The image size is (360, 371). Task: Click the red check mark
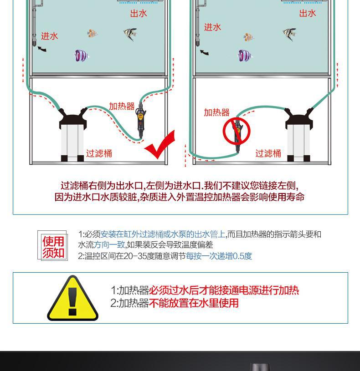click(160, 145)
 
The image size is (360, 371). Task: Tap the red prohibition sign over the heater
click(237, 131)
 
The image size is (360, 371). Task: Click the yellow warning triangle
click(72, 299)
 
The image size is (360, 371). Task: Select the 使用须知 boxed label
click(53, 246)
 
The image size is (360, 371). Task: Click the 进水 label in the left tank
click(50, 36)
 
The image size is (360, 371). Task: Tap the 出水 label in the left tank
click(139, 14)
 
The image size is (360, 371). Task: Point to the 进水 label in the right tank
click(212, 27)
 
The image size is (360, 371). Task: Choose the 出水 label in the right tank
click(308, 14)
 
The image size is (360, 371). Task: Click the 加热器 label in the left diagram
click(122, 107)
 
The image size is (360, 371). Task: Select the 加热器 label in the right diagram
click(216, 112)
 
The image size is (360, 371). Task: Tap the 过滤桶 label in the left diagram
click(99, 153)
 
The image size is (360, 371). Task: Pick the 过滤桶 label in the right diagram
click(268, 153)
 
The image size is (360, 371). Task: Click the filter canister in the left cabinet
click(73, 134)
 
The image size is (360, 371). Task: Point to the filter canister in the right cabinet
click(299, 134)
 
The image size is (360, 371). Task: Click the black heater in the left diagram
click(139, 123)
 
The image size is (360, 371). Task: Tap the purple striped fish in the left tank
click(81, 56)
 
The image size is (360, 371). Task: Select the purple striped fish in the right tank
click(245, 56)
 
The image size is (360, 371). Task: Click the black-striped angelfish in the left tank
click(130, 33)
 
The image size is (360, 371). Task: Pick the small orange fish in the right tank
click(248, 37)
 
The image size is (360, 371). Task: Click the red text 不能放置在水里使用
click(194, 303)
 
